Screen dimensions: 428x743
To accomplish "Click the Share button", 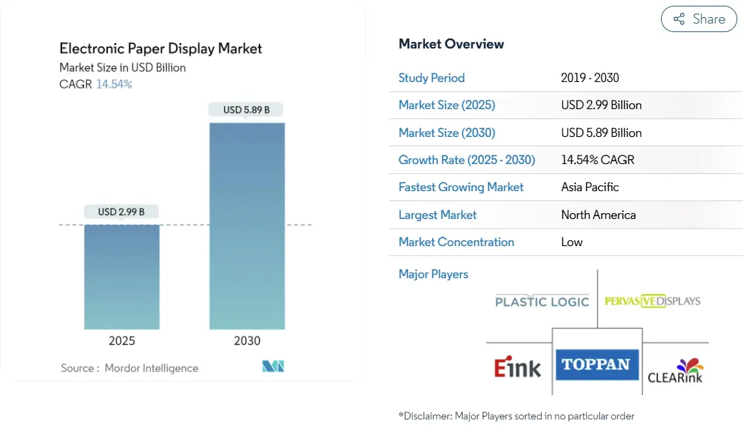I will click(x=698, y=19).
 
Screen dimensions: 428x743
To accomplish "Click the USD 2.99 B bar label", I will click(x=121, y=212).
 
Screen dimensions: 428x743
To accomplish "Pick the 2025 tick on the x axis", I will click(x=122, y=341).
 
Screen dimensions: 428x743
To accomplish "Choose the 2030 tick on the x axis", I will click(x=247, y=341).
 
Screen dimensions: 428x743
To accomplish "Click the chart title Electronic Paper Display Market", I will click(x=160, y=49).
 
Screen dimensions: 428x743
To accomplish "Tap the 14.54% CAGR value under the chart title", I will click(x=114, y=84).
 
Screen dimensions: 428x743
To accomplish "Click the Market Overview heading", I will click(x=451, y=44).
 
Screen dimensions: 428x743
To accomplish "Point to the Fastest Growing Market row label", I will click(x=461, y=187).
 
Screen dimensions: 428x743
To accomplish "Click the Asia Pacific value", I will click(x=590, y=187).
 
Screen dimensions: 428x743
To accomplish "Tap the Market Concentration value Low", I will click(x=572, y=242).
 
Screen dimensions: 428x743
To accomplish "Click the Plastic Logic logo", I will click(x=542, y=301).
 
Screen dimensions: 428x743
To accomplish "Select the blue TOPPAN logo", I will click(x=596, y=365).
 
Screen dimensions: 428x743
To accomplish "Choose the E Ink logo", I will click(x=518, y=367).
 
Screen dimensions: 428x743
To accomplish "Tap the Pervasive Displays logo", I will click(x=652, y=301).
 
